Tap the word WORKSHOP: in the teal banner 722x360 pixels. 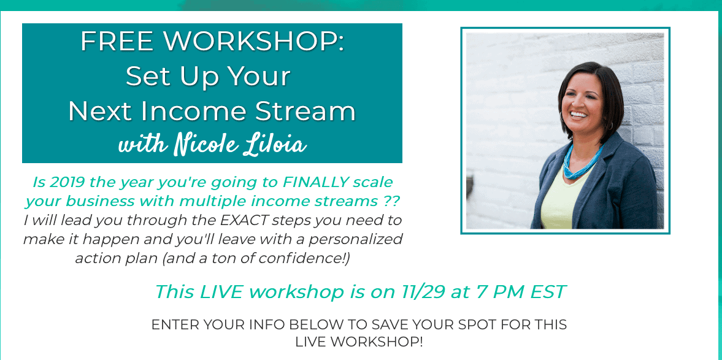(255, 42)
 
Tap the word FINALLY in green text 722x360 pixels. (313, 182)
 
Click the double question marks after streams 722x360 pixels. (390, 201)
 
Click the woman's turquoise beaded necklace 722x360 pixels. (581, 163)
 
